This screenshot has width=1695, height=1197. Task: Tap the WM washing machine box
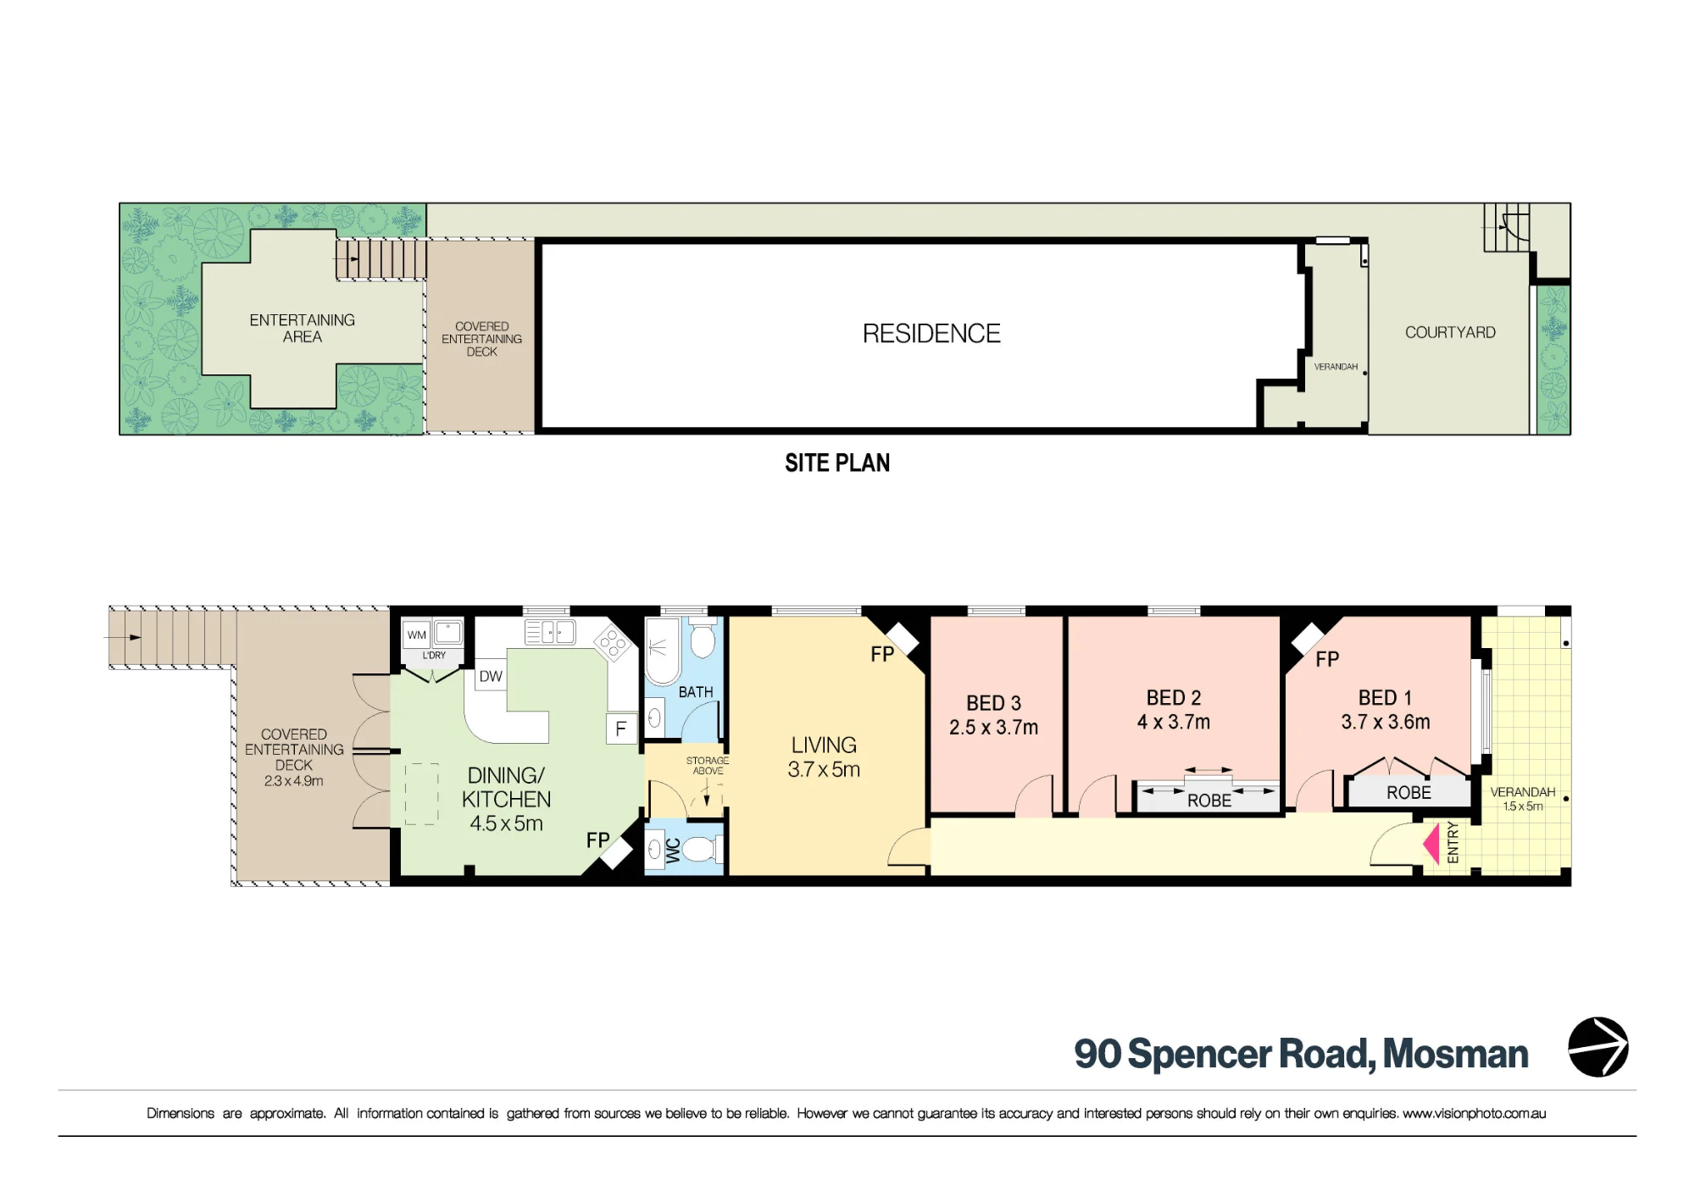416,635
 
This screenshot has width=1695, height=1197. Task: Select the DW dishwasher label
491,676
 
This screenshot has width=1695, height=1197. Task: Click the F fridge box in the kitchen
621,729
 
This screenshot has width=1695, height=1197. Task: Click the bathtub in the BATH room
662,651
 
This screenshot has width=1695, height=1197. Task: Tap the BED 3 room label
993,703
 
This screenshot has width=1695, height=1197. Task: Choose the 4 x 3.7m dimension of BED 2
1174,723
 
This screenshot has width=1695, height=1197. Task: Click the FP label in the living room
882,654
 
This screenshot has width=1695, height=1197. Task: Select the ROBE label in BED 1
1409,793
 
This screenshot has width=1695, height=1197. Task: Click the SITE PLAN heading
837,463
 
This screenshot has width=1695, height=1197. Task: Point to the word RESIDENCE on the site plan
931,334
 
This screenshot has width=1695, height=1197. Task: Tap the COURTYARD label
1450,332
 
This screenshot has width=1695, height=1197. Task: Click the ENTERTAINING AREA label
303,328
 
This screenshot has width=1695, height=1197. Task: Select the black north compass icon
1598,1047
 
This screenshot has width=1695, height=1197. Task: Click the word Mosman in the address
1455,1054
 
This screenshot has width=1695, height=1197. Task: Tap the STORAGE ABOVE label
708,766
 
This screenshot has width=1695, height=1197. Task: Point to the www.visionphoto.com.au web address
1474,1113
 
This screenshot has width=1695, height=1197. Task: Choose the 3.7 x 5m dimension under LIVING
824,769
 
